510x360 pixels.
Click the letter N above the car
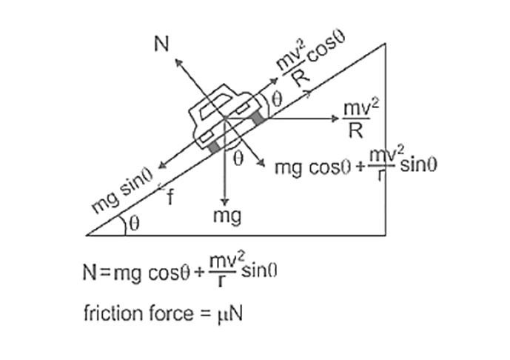pyautogui.click(x=161, y=44)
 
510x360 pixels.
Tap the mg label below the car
pyautogui.click(x=224, y=216)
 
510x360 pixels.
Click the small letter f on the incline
pyautogui.click(x=170, y=198)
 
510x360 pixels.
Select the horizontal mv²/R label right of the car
pyautogui.click(x=361, y=119)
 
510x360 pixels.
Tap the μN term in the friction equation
pyautogui.click(x=231, y=314)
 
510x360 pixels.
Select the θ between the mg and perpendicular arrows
pyautogui.click(x=238, y=158)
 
